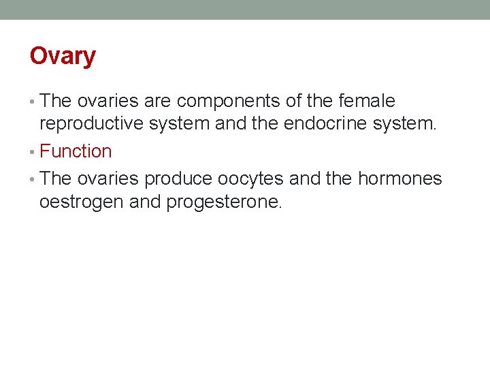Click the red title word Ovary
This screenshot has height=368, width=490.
click(63, 56)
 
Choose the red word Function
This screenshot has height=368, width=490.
click(76, 151)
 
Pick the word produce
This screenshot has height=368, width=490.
click(179, 179)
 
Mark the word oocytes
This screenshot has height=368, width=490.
click(251, 179)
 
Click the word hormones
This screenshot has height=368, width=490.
click(399, 179)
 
